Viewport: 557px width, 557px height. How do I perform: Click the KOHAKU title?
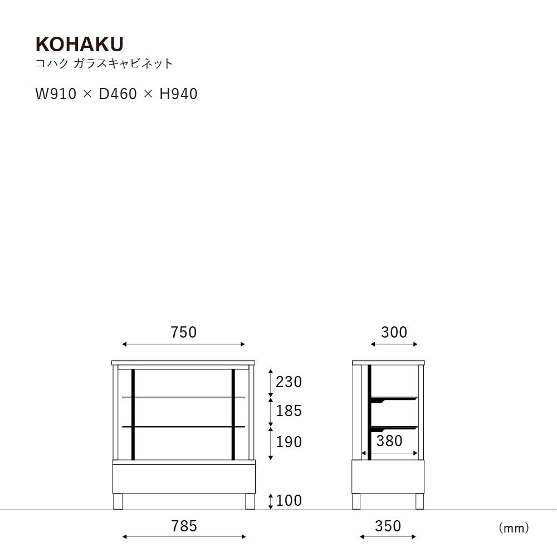80,44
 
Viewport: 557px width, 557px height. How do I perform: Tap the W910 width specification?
56,94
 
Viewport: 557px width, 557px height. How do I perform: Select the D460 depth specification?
118,94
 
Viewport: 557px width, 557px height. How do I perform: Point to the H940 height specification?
178,94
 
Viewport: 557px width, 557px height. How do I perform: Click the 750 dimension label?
184,332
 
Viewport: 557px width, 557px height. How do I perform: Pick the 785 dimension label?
184,526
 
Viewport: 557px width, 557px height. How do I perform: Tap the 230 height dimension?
289,382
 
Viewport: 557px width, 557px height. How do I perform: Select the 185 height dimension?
289,411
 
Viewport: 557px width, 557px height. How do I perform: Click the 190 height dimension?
289,442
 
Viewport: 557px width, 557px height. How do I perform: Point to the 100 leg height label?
289,500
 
